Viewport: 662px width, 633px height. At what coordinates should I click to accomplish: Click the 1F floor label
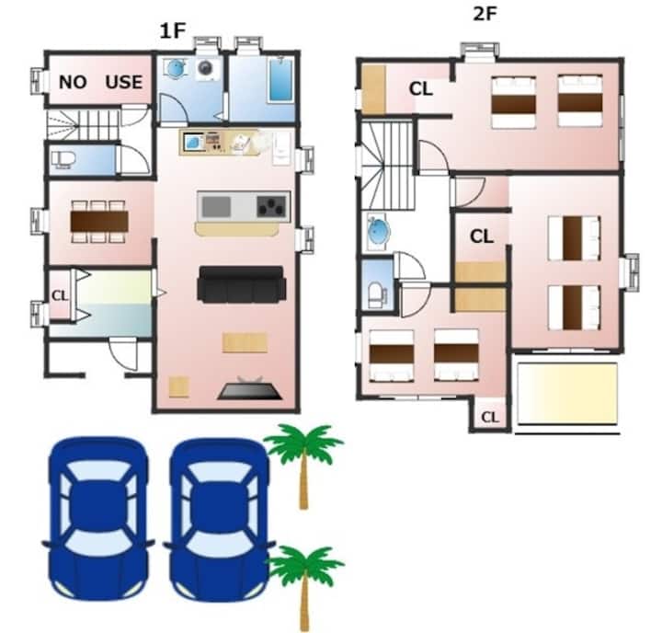click(x=173, y=31)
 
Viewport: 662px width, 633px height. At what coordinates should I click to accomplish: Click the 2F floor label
click(x=485, y=14)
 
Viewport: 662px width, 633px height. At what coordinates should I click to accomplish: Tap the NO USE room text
click(x=100, y=82)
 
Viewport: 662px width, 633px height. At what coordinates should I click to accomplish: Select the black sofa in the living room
click(x=242, y=284)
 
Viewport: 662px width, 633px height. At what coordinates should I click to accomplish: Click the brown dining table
click(x=99, y=222)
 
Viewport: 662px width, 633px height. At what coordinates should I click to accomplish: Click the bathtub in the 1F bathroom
click(x=280, y=79)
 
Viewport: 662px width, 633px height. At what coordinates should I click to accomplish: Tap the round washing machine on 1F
click(x=207, y=67)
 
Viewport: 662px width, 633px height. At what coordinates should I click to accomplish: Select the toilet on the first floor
click(x=63, y=160)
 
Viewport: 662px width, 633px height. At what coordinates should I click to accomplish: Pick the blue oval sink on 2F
click(x=378, y=231)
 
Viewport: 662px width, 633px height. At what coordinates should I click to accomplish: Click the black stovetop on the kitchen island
click(x=272, y=207)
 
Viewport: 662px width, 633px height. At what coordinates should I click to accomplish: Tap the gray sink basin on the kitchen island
click(x=216, y=207)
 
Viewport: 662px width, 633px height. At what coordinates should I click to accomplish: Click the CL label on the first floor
click(x=60, y=295)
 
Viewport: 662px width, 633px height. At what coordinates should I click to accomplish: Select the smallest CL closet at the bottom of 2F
click(x=489, y=415)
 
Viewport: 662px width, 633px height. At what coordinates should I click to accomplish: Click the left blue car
click(x=98, y=519)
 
